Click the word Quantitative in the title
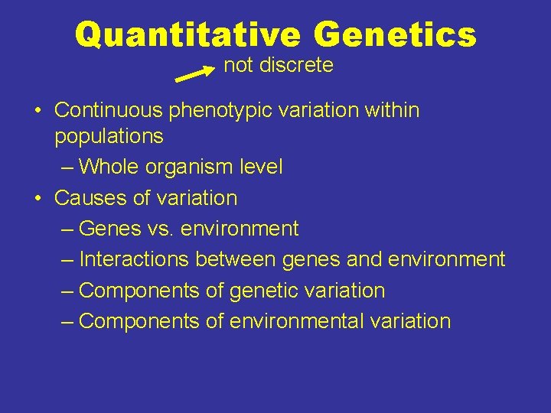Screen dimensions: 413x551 point(188,34)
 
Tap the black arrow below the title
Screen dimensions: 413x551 point(195,74)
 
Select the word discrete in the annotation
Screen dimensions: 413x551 point(296,66)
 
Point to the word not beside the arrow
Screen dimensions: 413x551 point(239,66)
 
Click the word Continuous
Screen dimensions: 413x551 point(109,110)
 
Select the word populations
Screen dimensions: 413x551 point(109,137)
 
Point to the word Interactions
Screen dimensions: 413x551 point(134,259)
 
